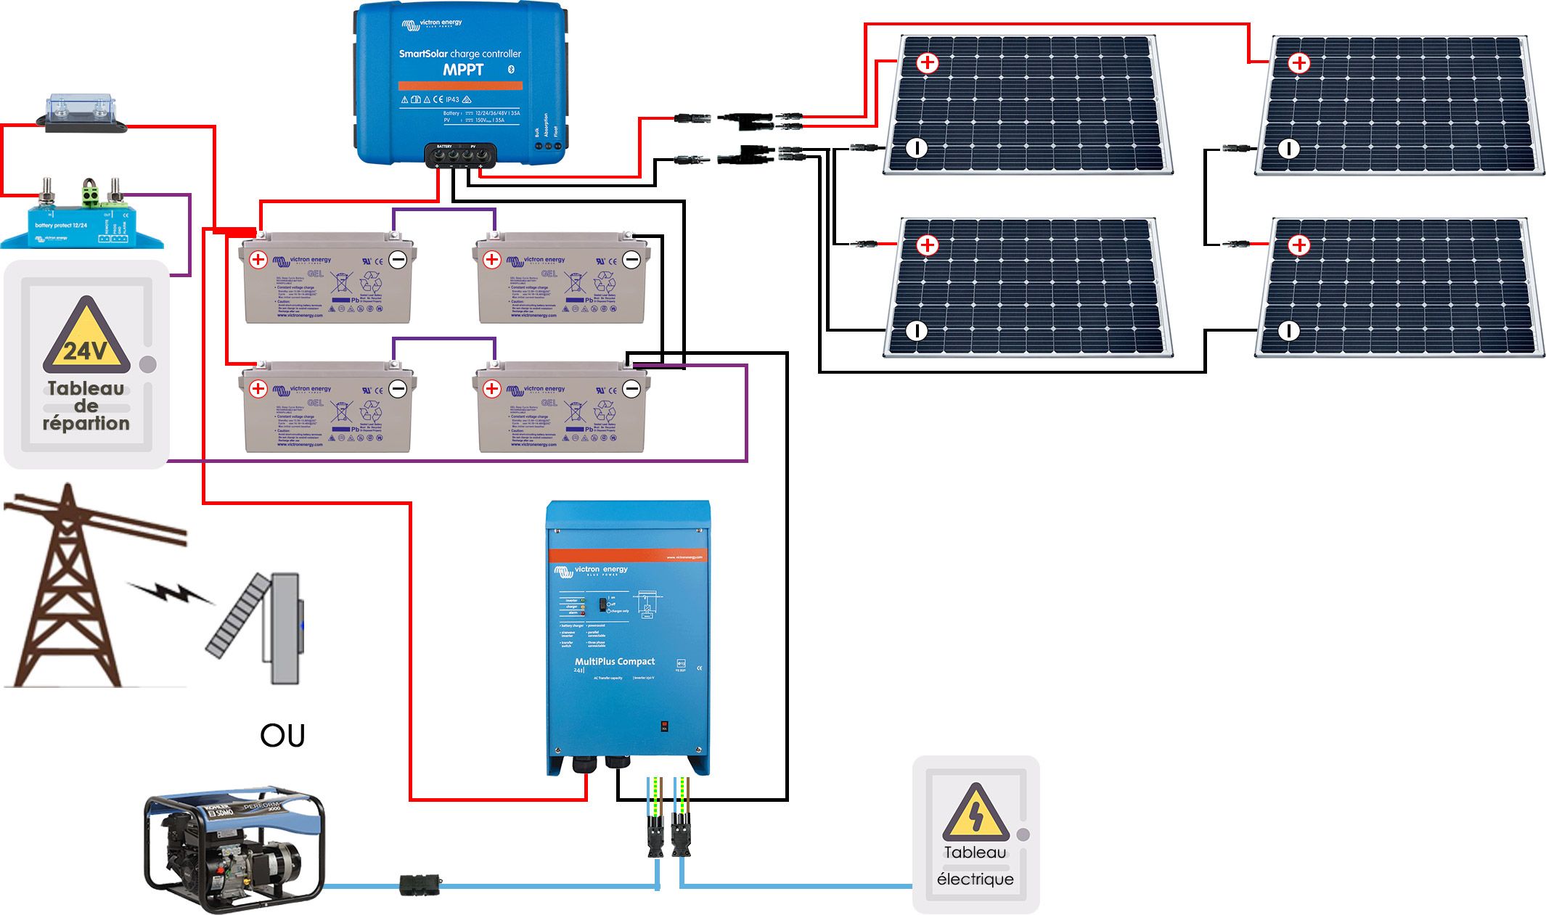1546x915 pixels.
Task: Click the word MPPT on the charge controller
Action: (x=463, y=70)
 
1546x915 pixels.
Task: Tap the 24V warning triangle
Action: (x=86, y=338)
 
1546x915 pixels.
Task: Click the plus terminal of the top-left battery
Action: (x=258, y=259)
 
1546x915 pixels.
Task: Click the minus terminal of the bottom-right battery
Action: (x=631, y=389)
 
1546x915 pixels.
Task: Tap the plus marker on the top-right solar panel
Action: (x=1298, y=63)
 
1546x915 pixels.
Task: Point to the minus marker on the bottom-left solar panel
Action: (x=917, y=331)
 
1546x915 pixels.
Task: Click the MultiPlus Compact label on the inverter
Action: (x=614, y=661)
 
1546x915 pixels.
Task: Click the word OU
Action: (x=282, y=736)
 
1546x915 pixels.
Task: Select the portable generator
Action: (x=234, y=848)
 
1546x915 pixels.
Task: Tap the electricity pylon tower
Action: (x=69, y=588)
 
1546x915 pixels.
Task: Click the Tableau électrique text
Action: (x=975, y=866)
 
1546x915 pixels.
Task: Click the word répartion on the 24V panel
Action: (x=86, y=423)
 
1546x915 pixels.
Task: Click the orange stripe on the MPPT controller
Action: (x=460, y=86)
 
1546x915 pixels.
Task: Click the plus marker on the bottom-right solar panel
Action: (x=1298, y=245)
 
